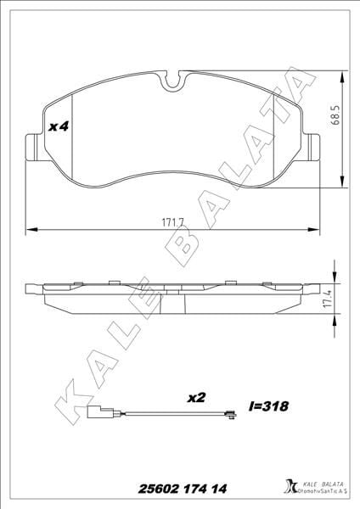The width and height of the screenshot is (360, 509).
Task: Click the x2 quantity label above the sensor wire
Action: tap(195, 396)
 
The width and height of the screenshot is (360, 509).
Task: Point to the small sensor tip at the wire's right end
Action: tap(227, 415)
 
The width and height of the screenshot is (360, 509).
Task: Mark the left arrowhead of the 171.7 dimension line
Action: tap(31, 229)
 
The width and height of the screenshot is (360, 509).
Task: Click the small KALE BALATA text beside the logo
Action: tap(320, 482)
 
